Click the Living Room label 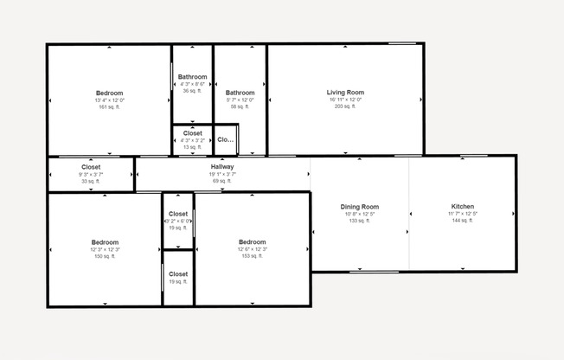pos(345,93)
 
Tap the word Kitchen pos(463,207)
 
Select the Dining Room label pos(360,207)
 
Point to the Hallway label pos(222,167)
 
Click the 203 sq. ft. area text pos(345,106)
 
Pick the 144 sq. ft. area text pos(463,221)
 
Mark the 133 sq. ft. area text pos(360,221)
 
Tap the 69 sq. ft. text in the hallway pos(222,181)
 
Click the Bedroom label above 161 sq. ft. pos(109,93)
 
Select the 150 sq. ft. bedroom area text pos(106,256)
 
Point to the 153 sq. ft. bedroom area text pos(252,256)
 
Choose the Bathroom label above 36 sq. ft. pos(192,77)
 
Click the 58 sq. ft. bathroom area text pos(240,106)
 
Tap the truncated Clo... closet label pos(226,139)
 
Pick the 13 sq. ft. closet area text pos(192,147)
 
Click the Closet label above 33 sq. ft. pos(91,167)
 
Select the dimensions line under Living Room pos(345,100)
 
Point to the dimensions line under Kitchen pos(463,214)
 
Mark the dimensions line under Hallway pos(222,174)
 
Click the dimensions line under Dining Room pos(360,214)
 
